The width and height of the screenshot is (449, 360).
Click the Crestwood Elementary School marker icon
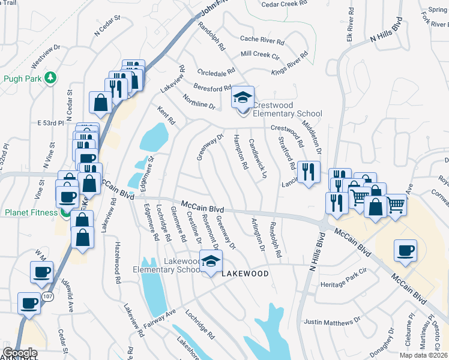click(x=243, y=97)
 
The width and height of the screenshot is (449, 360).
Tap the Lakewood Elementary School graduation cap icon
click(x=211, y=262)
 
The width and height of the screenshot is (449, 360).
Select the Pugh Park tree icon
click(x=52, y=78)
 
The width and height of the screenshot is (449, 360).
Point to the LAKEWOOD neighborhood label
click(x=245, y=274)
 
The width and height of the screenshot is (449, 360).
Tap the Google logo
click(x=20, y=353)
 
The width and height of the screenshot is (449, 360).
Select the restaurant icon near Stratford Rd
click(x=309, y=173)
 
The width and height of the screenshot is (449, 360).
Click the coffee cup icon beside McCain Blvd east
click(x=405, y=250)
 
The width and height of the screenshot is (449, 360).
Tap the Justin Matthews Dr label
click(x=332, y=323)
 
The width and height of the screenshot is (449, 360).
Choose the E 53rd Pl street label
click(x=50, y=123)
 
